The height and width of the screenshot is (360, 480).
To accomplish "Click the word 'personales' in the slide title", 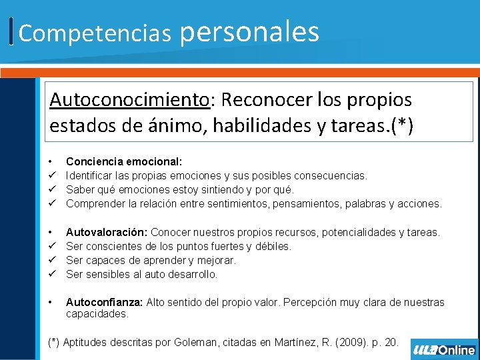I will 250,31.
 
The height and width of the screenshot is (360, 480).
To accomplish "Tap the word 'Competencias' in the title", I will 95,33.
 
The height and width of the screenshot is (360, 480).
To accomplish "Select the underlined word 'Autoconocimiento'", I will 129,100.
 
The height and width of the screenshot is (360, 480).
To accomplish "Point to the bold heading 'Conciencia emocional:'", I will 124,161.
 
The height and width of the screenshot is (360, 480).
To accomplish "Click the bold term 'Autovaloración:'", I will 107,232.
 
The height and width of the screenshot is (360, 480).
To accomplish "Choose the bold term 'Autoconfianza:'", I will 104,302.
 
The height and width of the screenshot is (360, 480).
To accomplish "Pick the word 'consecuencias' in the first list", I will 334,175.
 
